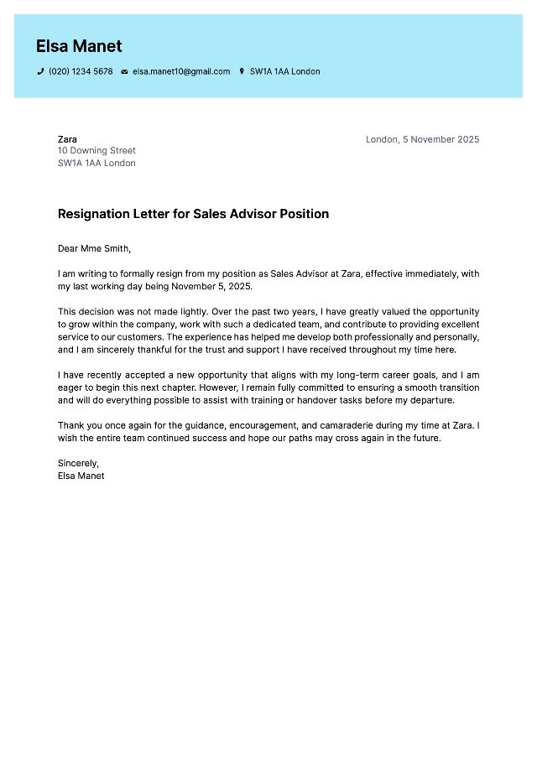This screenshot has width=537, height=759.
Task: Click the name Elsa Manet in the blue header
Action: [79, 46]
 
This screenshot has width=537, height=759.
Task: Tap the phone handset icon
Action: [40, 72]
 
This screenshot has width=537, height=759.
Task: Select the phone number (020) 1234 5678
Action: [81, 72]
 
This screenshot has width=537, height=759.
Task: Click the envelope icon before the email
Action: [124, 72]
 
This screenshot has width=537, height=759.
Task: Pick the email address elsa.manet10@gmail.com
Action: [181, 72]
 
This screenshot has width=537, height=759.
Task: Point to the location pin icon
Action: [242, 72]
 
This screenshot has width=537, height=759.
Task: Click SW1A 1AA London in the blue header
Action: [284, 72]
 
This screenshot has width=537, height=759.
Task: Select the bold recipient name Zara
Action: [67, 139]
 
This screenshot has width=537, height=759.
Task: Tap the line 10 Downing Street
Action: [96, 151]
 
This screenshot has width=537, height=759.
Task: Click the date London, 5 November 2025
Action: [422, 139]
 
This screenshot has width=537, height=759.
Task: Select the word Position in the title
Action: [303, 214]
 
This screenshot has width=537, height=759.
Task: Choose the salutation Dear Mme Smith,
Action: [94, 248]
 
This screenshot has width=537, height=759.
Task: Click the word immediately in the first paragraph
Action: [431, 273]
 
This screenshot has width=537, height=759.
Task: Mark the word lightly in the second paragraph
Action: [194, 312]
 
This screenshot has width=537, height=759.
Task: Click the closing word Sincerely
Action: [78, 463]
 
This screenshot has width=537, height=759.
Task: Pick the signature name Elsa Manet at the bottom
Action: [81, 476]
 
